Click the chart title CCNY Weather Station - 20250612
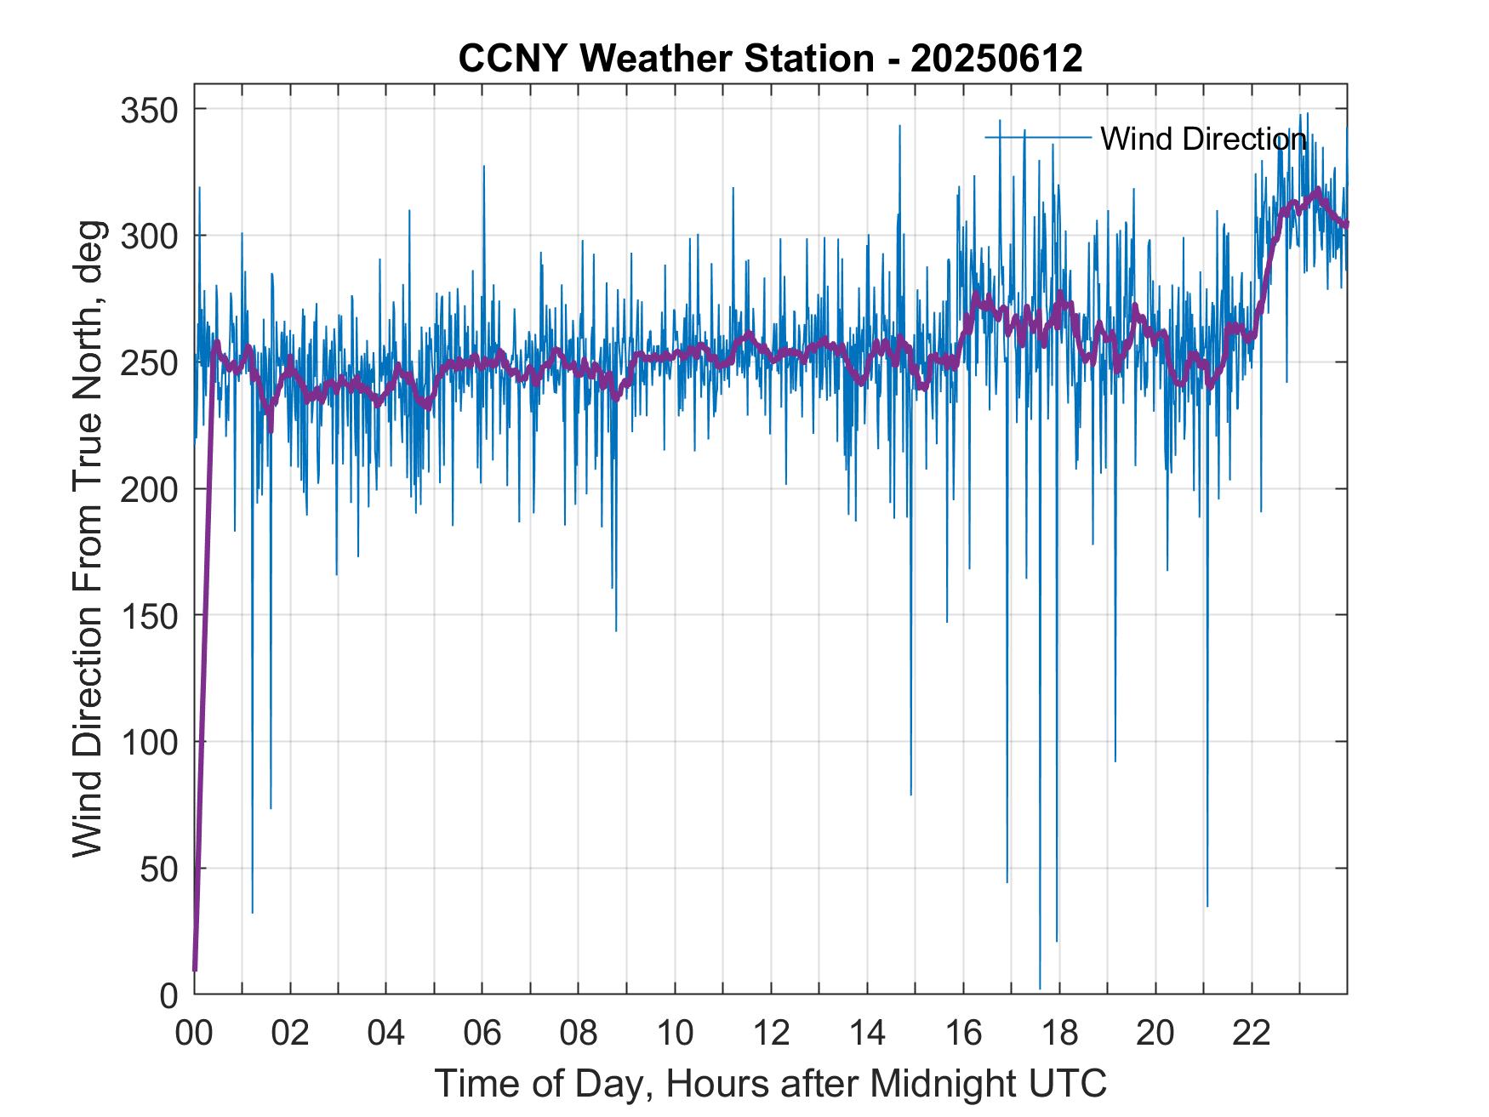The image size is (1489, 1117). tap(770, 59)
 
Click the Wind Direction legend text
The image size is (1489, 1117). tap(1203, 139)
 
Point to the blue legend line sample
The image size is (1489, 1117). tap(1038, 137)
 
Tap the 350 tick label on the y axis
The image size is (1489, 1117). tap(150, 110)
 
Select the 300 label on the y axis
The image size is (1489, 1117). tap(150, 236)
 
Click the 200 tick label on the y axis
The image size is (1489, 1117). tap(150, 489)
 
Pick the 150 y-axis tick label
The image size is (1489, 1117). tap(150, 615)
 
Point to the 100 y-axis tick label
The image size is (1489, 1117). tap(150, 742)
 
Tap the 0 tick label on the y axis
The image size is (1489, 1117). tap(169, 994)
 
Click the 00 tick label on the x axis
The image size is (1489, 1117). tap(194, 1033)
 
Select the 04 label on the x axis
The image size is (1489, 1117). tap(386, 1033)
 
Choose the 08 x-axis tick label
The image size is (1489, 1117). tap(579, 1033)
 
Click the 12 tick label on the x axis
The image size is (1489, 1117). tap(771, 1033)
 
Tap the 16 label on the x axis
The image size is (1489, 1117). tap(963, 1033)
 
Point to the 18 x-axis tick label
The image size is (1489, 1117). tap(1059, 1033)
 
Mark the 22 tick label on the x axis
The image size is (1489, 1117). tap(1252, 1033)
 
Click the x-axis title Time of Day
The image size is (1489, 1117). tap(770, 1083)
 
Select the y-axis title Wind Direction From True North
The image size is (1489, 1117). tap(88, 539)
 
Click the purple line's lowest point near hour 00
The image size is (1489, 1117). tap(195, 970)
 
